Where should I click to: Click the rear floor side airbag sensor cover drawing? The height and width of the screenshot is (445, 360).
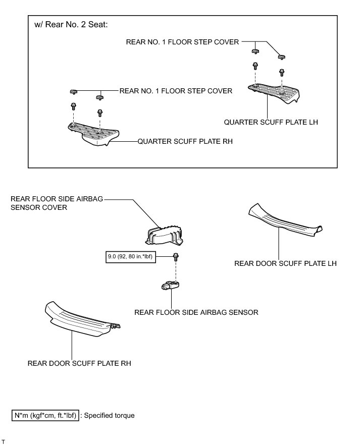point(165,235)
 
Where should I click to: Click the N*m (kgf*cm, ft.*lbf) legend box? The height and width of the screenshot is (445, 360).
point(45,416)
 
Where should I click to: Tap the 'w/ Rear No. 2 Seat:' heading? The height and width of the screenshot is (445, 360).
point(71,25)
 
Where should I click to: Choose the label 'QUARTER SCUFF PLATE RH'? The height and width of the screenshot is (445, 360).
point(185,142)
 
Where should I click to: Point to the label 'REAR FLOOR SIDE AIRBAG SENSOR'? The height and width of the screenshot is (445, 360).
point(196,312)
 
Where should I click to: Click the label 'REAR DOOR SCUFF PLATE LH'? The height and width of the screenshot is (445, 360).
point(285,263)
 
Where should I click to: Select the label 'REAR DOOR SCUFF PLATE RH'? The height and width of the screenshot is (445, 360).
point(79,363)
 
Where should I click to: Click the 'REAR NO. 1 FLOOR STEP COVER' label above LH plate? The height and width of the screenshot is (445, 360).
point(182,42)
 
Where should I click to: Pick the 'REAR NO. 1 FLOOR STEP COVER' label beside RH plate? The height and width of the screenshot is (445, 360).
point(176,91)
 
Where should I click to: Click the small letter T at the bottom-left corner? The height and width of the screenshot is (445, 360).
point(4,441)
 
